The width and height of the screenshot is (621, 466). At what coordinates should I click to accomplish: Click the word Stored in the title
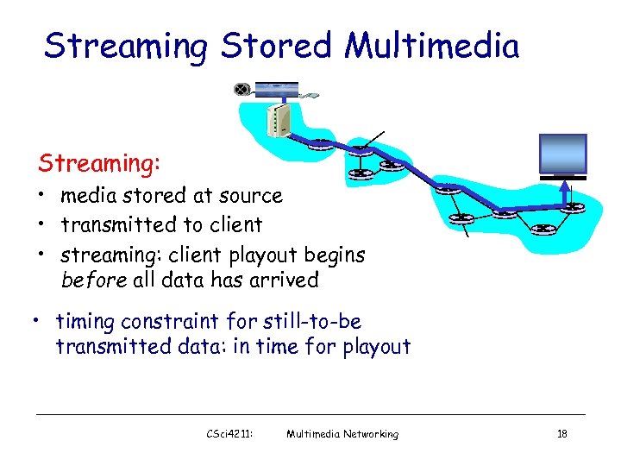(x=276, y=46)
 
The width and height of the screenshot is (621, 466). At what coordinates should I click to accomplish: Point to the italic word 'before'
(x=93, y=280)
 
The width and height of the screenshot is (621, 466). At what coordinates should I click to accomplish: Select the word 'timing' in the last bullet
(x=85, y=322)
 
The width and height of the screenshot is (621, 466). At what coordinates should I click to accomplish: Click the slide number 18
(x=561, y=434)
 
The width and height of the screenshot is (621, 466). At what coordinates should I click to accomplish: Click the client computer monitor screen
(x=561, y=154)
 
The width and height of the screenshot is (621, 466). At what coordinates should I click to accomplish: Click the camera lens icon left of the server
(x=242, y=89)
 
